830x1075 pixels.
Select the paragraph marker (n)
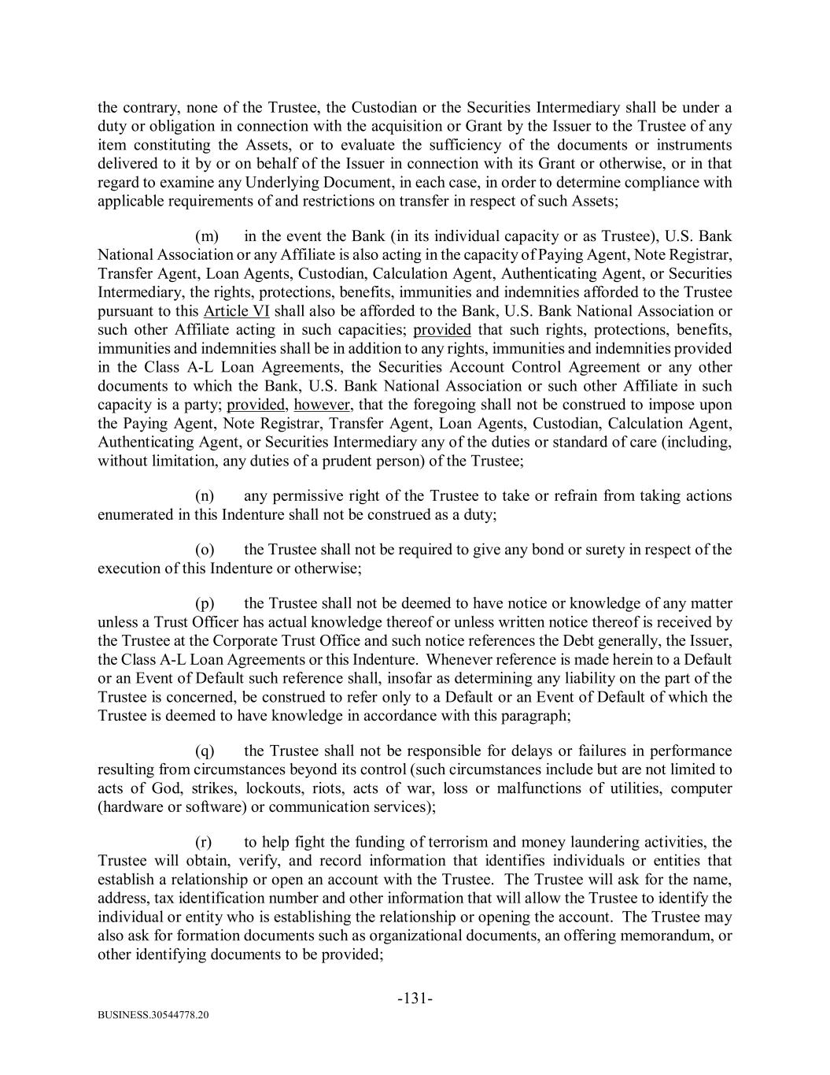(205, 496)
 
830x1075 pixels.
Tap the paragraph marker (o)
(205, 550)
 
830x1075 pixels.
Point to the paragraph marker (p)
(205, 604)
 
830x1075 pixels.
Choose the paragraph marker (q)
(205, 751)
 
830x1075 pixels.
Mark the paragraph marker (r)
(204, 842)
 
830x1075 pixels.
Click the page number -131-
(415, 999)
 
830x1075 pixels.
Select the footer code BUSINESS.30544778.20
(153, 1016)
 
